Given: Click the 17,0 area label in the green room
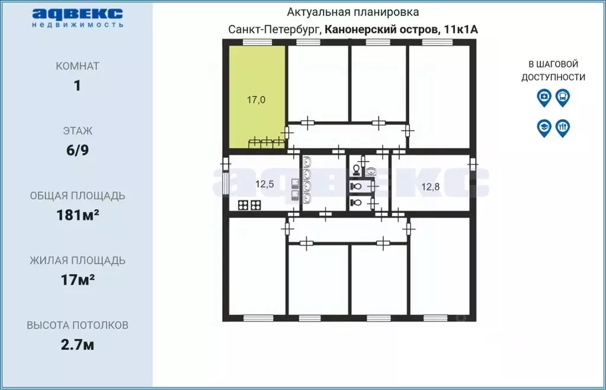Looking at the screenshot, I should click(x=256, y=100).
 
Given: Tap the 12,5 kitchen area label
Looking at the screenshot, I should click(x=264, y=184).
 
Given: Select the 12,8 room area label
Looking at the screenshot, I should click(x=430, y=187).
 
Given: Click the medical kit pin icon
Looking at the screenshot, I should click(x=544, y=97).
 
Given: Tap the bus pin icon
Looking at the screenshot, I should click(x=563, y=97).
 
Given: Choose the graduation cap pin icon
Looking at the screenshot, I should click(x=544, y=127).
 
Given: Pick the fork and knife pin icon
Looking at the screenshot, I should click(x=563, y=127).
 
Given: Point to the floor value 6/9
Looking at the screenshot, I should click(x=77, y=150).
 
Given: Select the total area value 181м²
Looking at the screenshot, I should click(x=77, y=215).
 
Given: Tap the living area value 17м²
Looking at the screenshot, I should click(x=77, y=280).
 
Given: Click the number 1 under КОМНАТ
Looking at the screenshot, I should click(x=77, y=85).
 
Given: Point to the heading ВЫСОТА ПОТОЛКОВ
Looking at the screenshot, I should click(x=77, y=325).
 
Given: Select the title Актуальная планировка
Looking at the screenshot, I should click(x=353, y=12).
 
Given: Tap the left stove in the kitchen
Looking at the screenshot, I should click(x=243, y=206).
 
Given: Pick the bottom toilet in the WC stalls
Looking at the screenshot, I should click(x=355, y=203).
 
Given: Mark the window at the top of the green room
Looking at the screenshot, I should click(x=257, y=41).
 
